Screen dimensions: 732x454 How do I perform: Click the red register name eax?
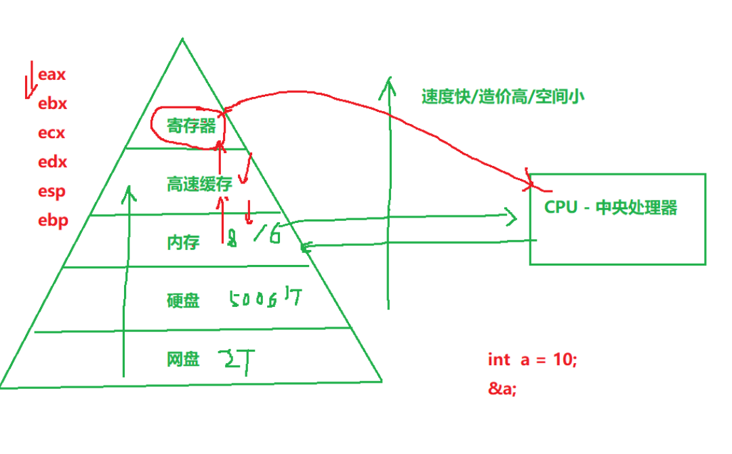[x=52, y=75]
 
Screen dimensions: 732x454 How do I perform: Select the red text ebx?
[x=52, y=104]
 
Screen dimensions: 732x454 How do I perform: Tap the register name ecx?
[x=52, y=133]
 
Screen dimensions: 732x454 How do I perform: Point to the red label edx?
[x=52, y=162]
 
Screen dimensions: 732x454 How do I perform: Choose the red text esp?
[x=52, y=191]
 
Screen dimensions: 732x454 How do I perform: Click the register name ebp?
[x=53, y=220]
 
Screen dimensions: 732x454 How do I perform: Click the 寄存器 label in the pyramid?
[x=191, y=125]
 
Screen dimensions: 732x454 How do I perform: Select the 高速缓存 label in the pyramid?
[x=199, y=184]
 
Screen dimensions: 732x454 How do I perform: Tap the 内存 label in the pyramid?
[x=183, y=242]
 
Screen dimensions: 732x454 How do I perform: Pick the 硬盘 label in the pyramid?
[x=183, y=300]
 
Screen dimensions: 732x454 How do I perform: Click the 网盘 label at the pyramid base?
[x=183, y=359]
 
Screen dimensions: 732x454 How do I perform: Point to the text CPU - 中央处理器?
[x=611, y=207]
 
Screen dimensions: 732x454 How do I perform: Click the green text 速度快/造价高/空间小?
[x=502, y=96]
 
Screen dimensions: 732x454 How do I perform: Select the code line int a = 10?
[x=532, y=359]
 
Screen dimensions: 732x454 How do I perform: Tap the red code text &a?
[x=502, y=388]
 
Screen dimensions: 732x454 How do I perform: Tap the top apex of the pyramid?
[x=182, y=39]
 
